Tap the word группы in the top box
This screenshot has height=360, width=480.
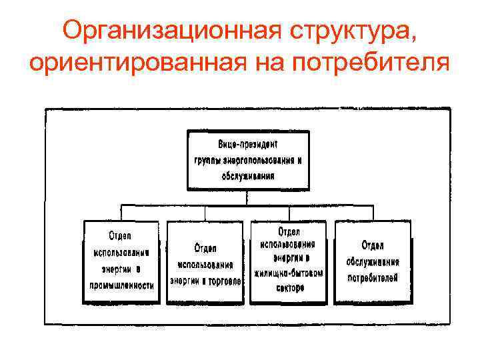pos(207,160)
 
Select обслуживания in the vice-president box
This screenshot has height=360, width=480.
pos(247,176)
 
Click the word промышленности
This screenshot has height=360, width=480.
pos(122,285)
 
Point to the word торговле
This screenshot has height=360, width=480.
pos(224,281)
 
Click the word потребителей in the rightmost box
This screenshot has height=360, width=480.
pos(373,276)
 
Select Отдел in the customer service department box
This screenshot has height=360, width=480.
pos(373,245)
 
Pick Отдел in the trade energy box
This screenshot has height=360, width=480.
pos(205,249)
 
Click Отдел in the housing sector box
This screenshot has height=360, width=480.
pos(289,229)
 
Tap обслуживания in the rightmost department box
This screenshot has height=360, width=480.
pos(373,261)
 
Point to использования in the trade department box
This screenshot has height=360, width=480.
pos(205,265)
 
